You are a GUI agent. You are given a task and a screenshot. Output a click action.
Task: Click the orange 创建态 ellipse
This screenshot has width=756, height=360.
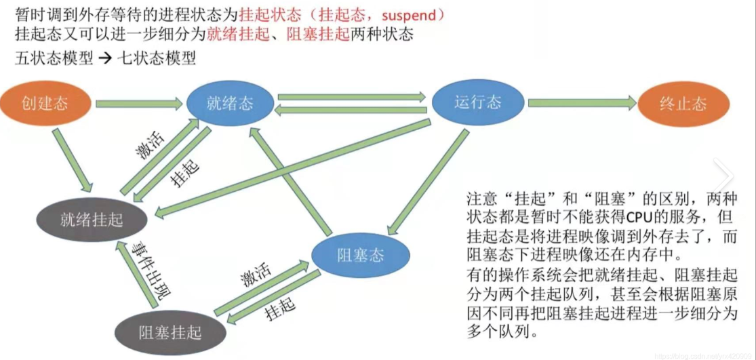click(x=45, y=104)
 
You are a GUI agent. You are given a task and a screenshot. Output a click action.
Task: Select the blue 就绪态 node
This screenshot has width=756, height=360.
click(x=230, y=104)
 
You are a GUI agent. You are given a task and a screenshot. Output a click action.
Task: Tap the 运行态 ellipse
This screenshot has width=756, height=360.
click(x=477, y=102)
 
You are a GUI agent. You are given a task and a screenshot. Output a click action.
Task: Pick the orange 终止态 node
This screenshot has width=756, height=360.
click(x=683, y=104)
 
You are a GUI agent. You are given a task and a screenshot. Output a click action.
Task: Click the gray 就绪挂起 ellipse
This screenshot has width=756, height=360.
click(x=92, y=219)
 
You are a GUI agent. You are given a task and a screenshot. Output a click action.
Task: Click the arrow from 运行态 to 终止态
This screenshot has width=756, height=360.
click(x=582, y=103)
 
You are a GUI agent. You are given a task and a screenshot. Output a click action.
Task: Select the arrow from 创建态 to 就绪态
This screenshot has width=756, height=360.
click(x=139, y=104)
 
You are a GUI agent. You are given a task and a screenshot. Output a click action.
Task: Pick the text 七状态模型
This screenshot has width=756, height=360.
click(x=157, y=58)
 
